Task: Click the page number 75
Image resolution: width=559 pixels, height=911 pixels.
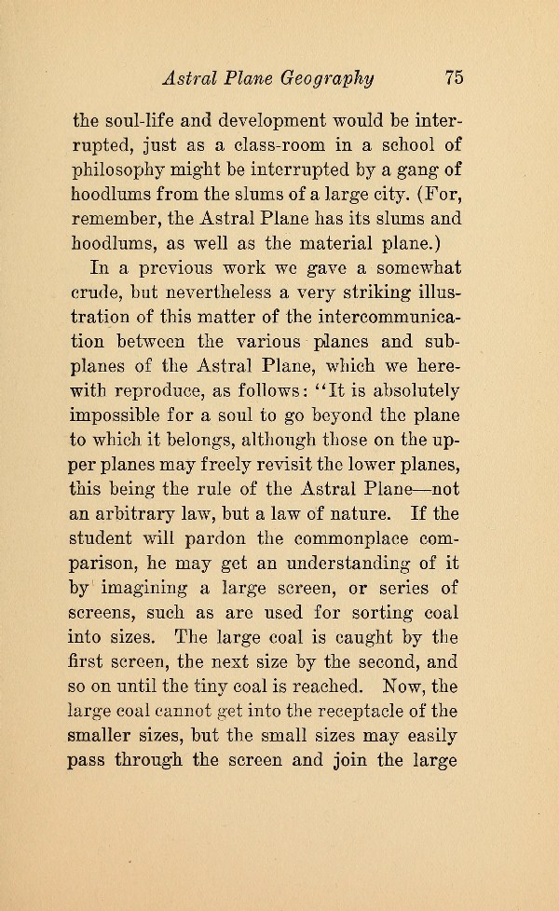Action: point(455,77)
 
